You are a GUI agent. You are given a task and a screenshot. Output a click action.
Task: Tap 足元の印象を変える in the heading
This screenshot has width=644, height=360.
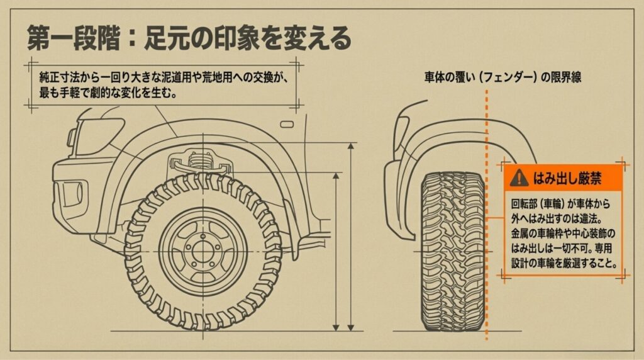tap(245, 39)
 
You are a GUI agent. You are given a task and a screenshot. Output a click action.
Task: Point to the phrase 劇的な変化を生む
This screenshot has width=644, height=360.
tap(130, 93)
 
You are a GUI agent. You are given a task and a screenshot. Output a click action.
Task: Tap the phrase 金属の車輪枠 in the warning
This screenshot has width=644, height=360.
tap(541, 234)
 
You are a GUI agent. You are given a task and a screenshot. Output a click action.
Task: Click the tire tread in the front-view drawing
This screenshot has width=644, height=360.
tap(453, 252)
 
